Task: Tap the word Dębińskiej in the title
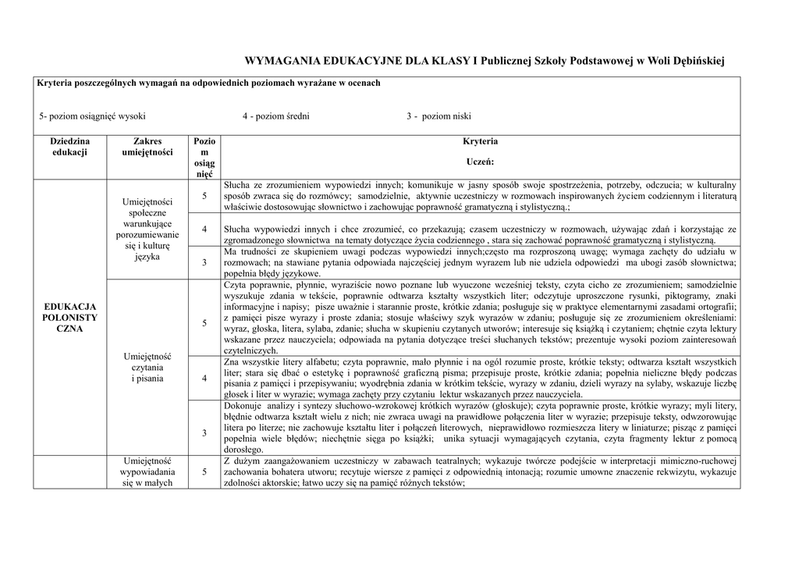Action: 693,61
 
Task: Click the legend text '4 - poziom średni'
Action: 275,116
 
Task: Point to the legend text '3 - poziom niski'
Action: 439,116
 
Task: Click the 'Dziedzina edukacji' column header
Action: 70,147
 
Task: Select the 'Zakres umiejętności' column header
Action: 147,147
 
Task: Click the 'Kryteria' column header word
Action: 479,141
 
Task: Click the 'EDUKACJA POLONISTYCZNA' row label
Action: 70,318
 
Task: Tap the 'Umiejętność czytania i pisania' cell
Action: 147,367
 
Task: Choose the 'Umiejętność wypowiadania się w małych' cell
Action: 147,472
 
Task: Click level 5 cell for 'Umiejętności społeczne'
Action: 204,195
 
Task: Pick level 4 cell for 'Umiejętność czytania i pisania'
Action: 204,378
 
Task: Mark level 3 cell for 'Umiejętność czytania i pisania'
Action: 204,433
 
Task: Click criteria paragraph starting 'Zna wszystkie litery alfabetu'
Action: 479,378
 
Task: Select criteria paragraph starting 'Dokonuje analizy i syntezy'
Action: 479,428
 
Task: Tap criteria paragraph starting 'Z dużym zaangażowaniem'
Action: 479,472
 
